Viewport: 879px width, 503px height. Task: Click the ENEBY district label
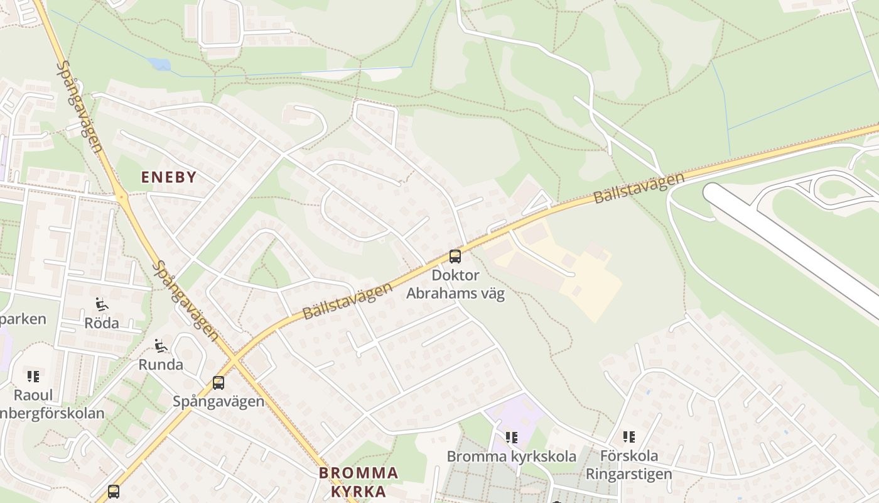[169, 177]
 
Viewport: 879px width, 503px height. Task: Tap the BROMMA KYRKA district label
[358, 482]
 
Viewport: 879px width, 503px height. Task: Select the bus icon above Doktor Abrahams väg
[455, 257]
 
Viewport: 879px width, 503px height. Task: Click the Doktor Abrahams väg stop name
[455, 284]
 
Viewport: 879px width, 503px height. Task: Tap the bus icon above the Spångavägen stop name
[218, 382]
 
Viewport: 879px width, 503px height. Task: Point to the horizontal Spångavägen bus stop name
[218, 401]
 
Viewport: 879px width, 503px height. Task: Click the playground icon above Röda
[101, 305]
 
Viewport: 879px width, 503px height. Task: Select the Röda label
[101, 323]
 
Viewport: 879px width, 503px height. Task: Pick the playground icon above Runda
[161, 346]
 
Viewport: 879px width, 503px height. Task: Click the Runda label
[161, 365]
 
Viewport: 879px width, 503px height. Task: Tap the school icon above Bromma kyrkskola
[512, 437]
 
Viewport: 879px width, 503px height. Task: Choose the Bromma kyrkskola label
[512, 456]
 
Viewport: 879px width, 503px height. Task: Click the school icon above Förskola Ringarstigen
[629, 436]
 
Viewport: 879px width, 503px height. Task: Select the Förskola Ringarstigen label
[629, 465]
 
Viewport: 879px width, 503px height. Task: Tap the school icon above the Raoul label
[33, 377]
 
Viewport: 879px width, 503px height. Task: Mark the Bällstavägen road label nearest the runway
[639, 188]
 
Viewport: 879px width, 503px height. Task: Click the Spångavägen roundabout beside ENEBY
[121, 197]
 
